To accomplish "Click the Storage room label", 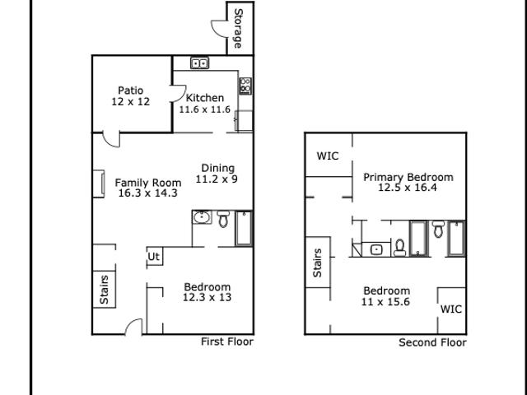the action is coord(238,28).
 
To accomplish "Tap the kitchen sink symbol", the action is coord(199,63).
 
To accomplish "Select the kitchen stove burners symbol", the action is coord(245,86).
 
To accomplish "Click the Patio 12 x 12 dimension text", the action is coord(131,101).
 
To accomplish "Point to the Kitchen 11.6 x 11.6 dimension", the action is coord(205,109).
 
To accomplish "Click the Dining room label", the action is coord(217,168).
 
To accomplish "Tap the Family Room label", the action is coord(148,183).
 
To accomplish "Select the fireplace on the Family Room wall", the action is coord(99,184).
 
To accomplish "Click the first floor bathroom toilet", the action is coord(223,219).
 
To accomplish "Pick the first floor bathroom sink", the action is coord(202,217).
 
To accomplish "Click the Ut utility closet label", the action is coord(154,257).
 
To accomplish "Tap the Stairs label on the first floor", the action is coord(105,290).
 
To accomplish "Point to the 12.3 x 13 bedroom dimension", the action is coord(208,297).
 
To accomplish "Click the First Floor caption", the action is coord(227,342).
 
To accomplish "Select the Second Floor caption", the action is coord(432,342).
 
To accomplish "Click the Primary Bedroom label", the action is coord(408,177).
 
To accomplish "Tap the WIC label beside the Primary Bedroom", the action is coord(328,156).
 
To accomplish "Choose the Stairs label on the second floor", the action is coord(317,263).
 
